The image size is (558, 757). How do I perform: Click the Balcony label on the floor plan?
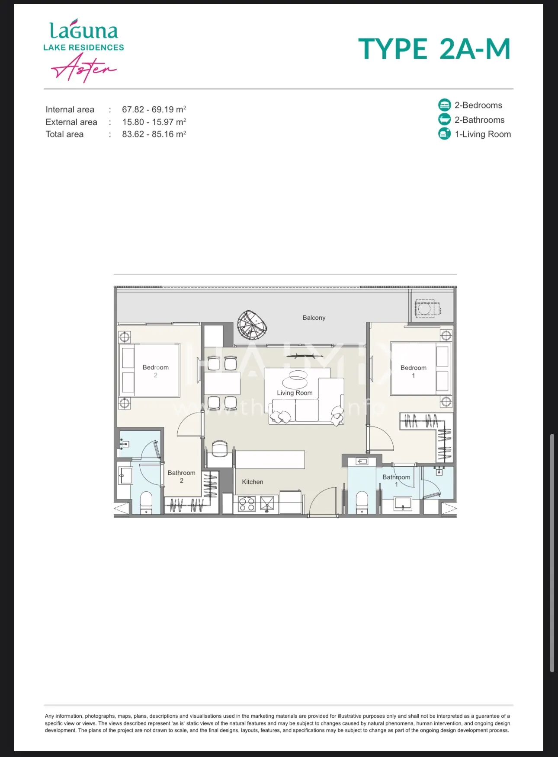click(314, 318)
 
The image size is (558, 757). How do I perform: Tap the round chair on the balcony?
click(252, 325)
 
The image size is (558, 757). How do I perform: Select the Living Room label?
click(295, 393)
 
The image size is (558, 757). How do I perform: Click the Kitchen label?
click(253, 482)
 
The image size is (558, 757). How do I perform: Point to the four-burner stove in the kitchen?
click(247, 504)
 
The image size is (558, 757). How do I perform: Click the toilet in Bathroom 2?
click(147, 503)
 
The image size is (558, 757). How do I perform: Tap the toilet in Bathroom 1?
click(362, 503)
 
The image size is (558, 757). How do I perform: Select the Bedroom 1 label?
click(414, 372)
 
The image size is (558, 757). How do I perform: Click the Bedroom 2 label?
click(156, 371)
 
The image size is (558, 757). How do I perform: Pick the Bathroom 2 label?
click(182, 477)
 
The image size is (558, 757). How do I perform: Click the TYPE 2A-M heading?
click(435, 49)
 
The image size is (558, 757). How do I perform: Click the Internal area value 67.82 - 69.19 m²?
click(154, 109)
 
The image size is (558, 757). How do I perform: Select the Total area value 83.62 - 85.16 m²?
click(154, 134)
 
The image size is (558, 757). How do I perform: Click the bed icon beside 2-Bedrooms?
click(445, 105)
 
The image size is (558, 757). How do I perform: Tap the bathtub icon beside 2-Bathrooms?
click(445, 119)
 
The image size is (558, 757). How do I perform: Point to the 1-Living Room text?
click(483, 134)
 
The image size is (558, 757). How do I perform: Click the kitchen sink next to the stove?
click(269, 504)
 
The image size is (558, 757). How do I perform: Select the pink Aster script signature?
click(84, 68)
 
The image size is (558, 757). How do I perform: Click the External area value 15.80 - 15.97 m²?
click(154, 122)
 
